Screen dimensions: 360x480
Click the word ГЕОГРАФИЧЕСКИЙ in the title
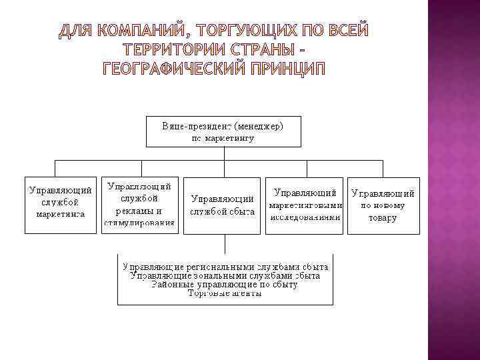pos(170,68)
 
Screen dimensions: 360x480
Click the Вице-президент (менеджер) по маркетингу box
pos(223,132)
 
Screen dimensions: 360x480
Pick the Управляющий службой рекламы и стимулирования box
pos(139,203)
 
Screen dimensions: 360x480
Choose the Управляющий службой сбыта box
pos(223,205)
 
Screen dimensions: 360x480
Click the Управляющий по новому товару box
pos(383,205)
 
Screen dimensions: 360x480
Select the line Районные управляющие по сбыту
pos(225,284)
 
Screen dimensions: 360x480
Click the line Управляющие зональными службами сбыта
pos(225,275)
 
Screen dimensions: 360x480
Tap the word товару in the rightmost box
pos(383,217)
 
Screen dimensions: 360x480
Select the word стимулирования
pos(139,223)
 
